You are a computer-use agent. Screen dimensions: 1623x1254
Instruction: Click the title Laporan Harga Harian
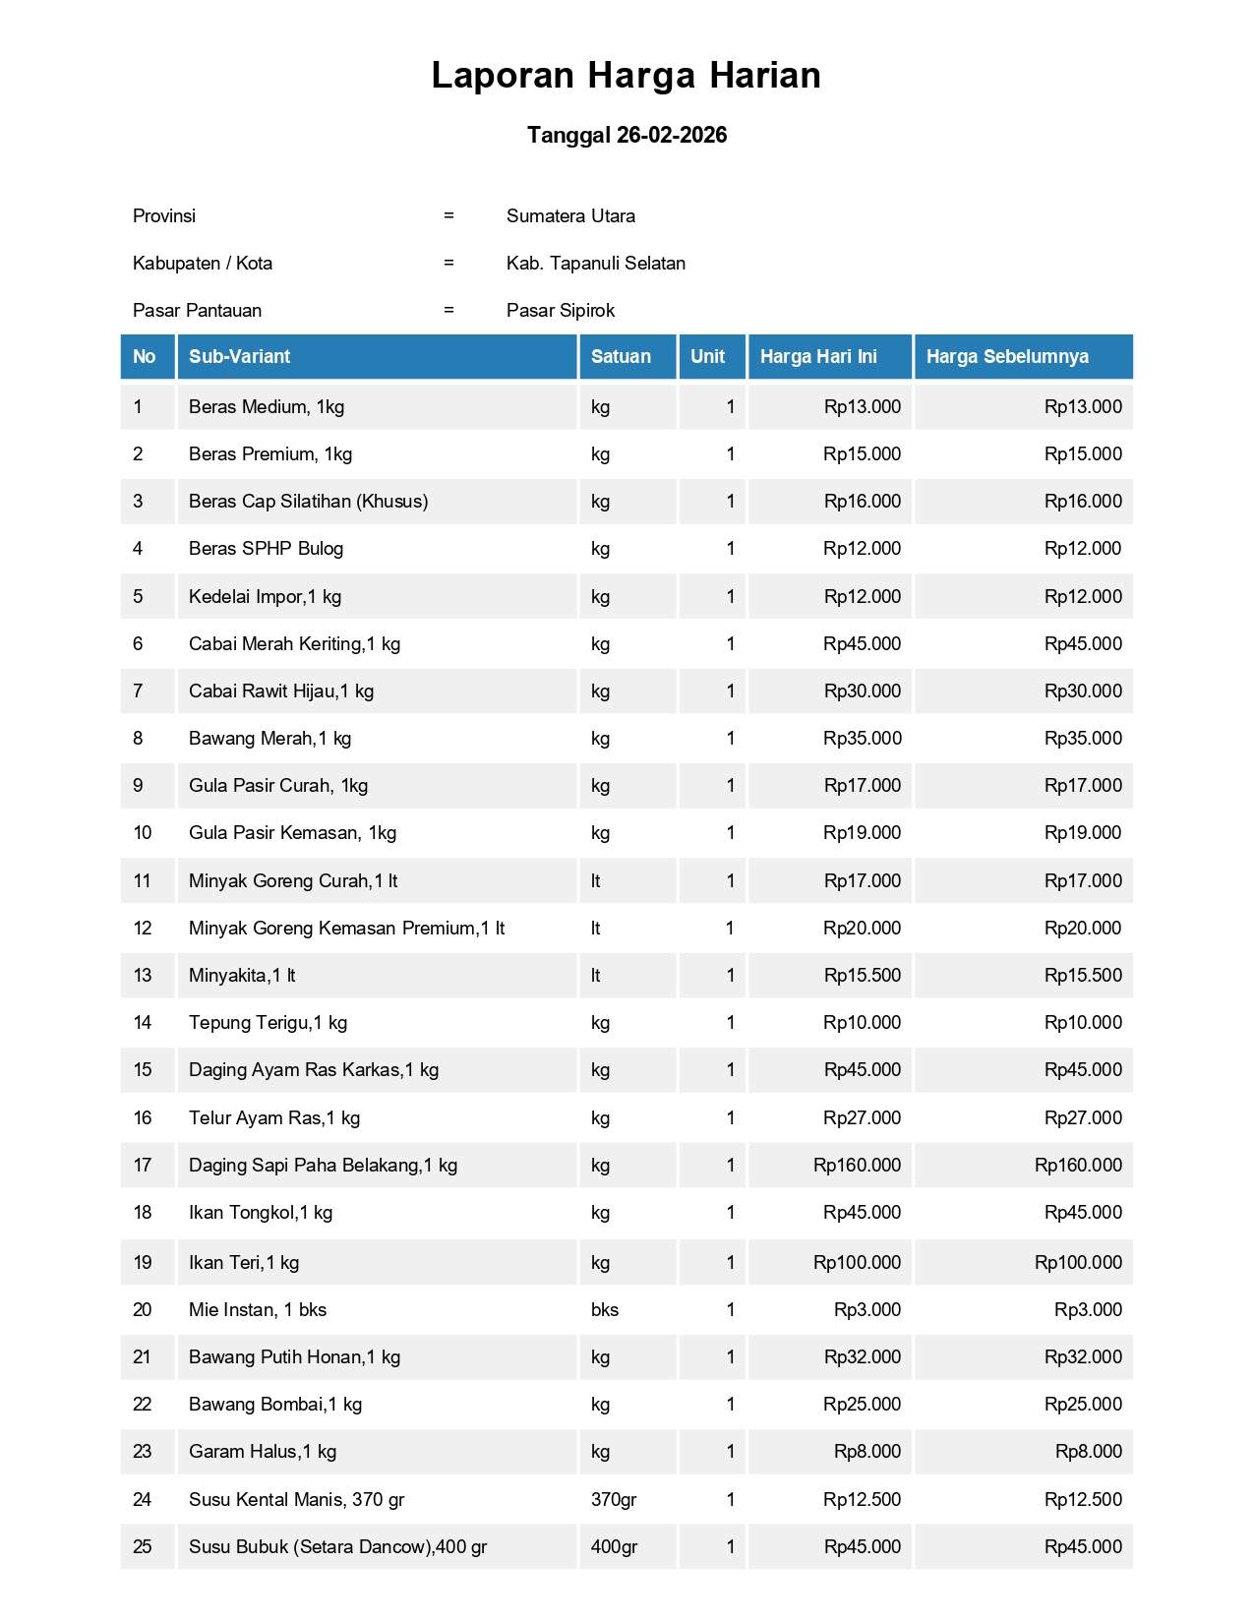point(626,76)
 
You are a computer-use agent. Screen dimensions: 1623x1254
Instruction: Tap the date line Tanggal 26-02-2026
point(627,135)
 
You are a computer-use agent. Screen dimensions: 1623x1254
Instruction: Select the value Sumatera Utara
point(570,215)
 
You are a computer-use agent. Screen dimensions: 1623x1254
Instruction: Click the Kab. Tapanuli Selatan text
point(595,263)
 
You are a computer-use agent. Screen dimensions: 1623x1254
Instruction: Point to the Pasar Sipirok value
point(560,310)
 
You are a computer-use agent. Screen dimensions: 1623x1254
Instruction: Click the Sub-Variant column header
point(239,356)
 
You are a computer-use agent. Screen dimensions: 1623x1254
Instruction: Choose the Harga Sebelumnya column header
point(1007,356)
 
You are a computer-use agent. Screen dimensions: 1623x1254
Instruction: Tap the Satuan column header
point(621,356)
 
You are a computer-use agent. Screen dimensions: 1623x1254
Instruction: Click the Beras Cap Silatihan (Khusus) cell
point(308,501)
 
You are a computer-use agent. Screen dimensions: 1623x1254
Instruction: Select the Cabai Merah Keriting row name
point(294,643)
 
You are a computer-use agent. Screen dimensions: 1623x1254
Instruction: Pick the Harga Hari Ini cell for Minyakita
point(862,975)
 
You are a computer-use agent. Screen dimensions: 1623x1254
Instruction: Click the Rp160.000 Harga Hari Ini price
point(857,1165)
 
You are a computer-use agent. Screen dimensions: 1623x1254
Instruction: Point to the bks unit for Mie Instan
point(604,1309)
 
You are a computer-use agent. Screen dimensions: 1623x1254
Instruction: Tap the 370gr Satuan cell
point(613,1499)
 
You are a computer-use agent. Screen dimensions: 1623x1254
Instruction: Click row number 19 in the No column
point(143,1262)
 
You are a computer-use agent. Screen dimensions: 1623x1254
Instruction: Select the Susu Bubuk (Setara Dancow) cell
point(337,1546)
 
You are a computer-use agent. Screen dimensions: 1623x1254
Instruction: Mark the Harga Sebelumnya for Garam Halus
point(1088,1451)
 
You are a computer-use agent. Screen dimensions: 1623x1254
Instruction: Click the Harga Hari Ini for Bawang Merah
point(862,738)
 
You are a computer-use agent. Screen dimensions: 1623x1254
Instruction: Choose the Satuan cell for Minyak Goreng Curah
point(596,880)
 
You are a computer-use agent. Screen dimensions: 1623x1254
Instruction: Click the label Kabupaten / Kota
point(203,263)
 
